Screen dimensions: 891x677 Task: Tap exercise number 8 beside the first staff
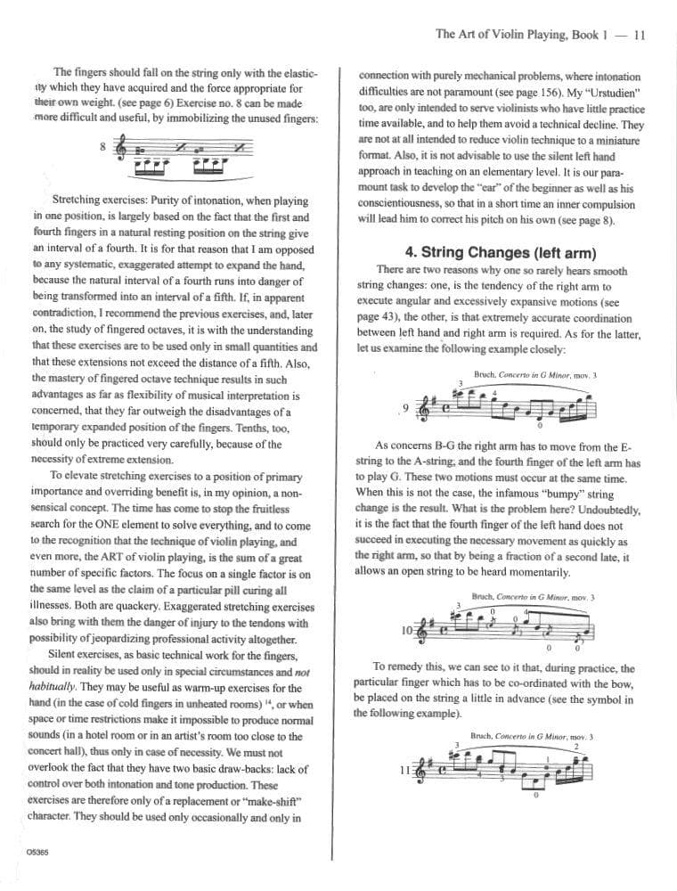pos(103,145)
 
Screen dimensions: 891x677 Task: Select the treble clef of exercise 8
pos(123,149)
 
